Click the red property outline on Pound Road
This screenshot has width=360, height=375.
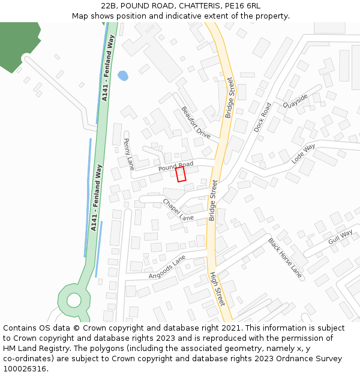pyautogui.click(x=181, y=174)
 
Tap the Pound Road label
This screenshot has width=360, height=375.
pyautogui.click(x=175, y=166)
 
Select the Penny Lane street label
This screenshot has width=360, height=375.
pyautogui.click(x=128, y=154)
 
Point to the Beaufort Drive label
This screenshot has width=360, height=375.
pyautogui.click(x=196, y=122)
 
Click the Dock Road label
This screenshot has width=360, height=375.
pyautogui.click(x=262, y=117)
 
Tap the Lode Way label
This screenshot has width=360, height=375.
pyautogui.click(x=303, y=154)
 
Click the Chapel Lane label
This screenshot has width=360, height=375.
pyautogui.click(x=178, y=210)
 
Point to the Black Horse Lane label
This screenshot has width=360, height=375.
pyautogui.click(x=284, y=257)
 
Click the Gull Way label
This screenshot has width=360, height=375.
pyautogui.click(x=340, y=238)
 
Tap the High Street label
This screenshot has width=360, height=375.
pyautogui.click(x=217, y=288)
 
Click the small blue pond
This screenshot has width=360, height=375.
pyautogui.click(x=122, y=76)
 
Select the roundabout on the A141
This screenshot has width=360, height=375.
pyautogui.click(x=74, y=299)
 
